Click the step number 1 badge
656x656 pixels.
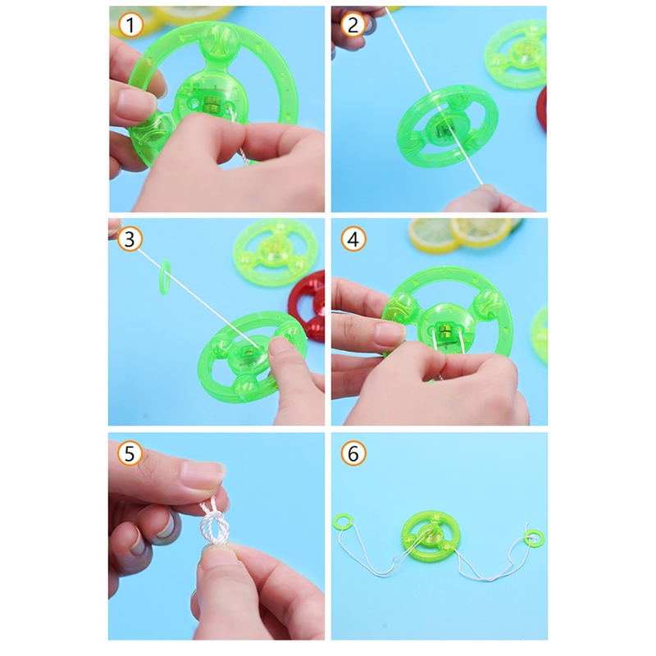(130, 25)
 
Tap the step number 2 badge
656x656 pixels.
(353, 25)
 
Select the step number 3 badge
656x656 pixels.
(130, 239)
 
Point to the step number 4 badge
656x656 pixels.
(353, 239)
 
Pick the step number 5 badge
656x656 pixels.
(130, 453)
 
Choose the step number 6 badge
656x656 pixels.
(353, 453)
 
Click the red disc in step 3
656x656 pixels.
(308, 306)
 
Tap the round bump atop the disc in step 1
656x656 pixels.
(220, 40)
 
